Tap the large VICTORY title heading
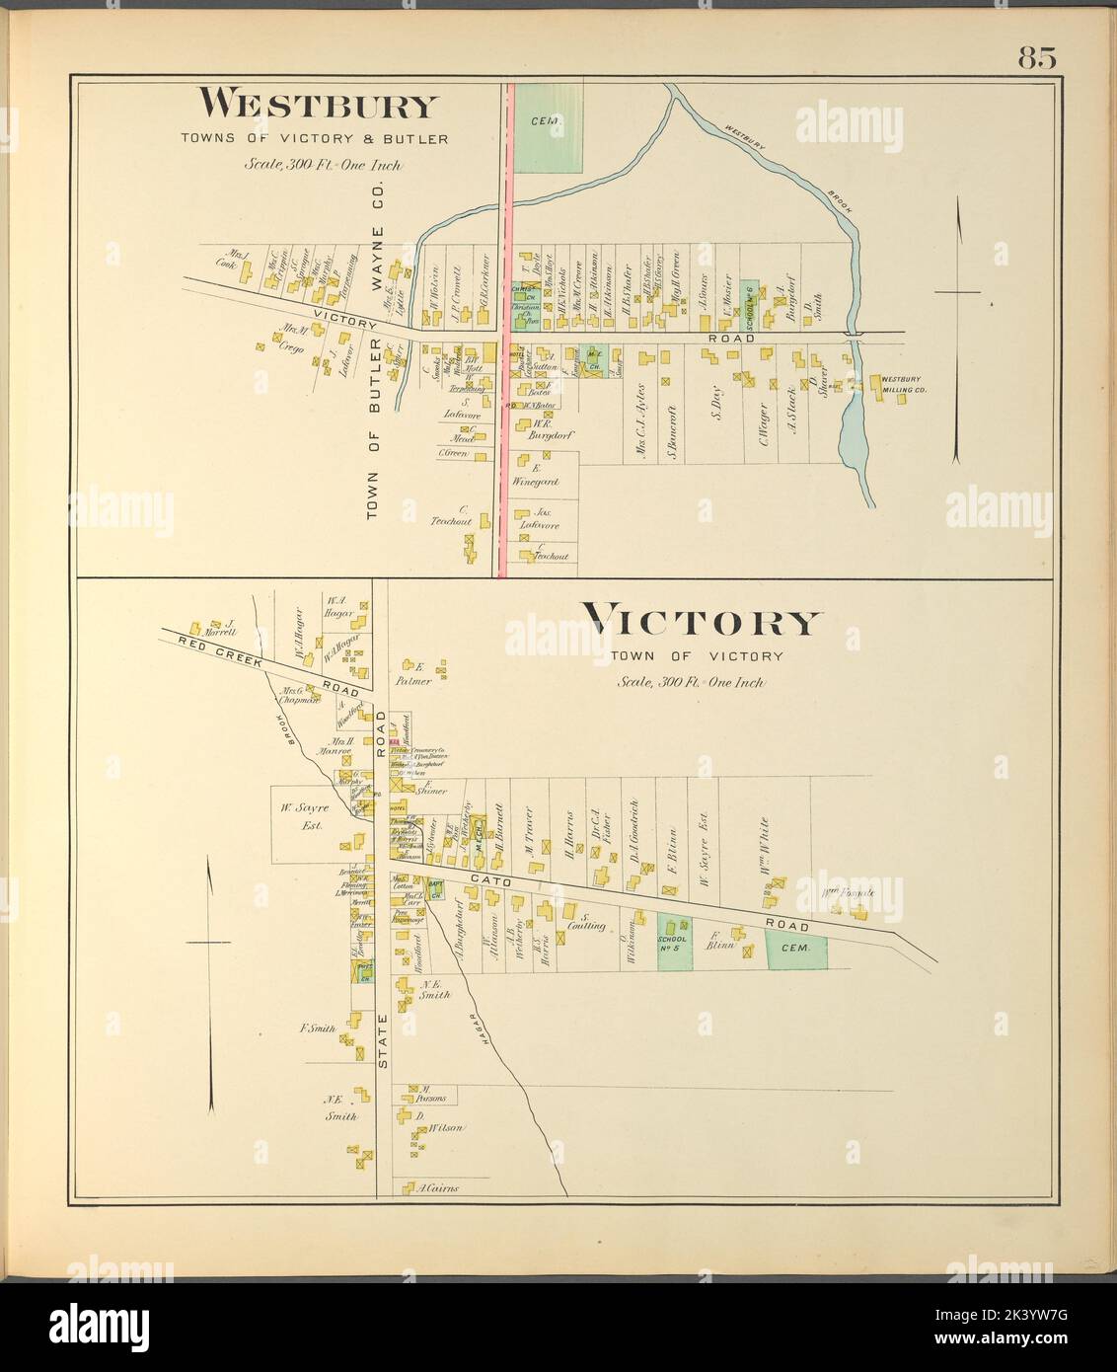tap(701, 623)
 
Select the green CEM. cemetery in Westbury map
tap(545, 126)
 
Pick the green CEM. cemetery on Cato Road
tap(795, 947)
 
